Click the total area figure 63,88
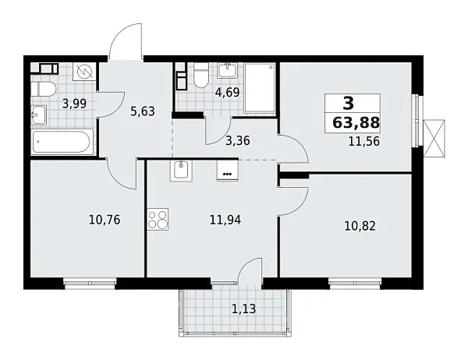tap(353, 122)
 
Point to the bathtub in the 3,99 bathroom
tap(62, 143)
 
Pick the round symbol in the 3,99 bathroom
tap(85, 72)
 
